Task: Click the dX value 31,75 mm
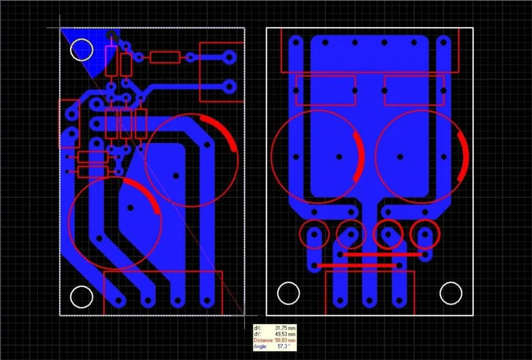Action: (x=285, y=328)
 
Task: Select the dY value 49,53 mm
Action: (x=285, y=334)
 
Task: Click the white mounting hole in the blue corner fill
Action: (x=82, y=50)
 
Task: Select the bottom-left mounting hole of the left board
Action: (x=82, y=297)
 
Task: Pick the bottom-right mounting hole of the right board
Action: (x=451, y=293)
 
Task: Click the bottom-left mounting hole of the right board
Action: (x=288, y=293)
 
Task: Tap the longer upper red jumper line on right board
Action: (x=383, y=255)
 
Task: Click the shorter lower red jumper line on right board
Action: (x=356, y=266)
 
